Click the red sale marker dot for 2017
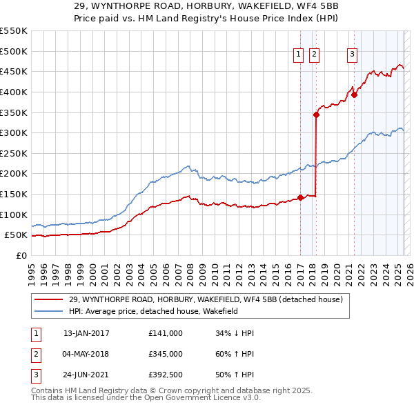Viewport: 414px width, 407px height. pos(301,198)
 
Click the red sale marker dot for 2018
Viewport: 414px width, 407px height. pos(316,115)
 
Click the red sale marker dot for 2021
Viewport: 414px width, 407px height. pos(354,95)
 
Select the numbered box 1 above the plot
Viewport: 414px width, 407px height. pos(299,56)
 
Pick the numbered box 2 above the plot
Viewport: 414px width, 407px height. pos(314,56)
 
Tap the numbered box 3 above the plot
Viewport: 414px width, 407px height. pos(352,56)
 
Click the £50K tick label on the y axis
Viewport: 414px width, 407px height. pos(17,235)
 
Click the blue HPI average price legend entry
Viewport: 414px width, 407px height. pos(163,311)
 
